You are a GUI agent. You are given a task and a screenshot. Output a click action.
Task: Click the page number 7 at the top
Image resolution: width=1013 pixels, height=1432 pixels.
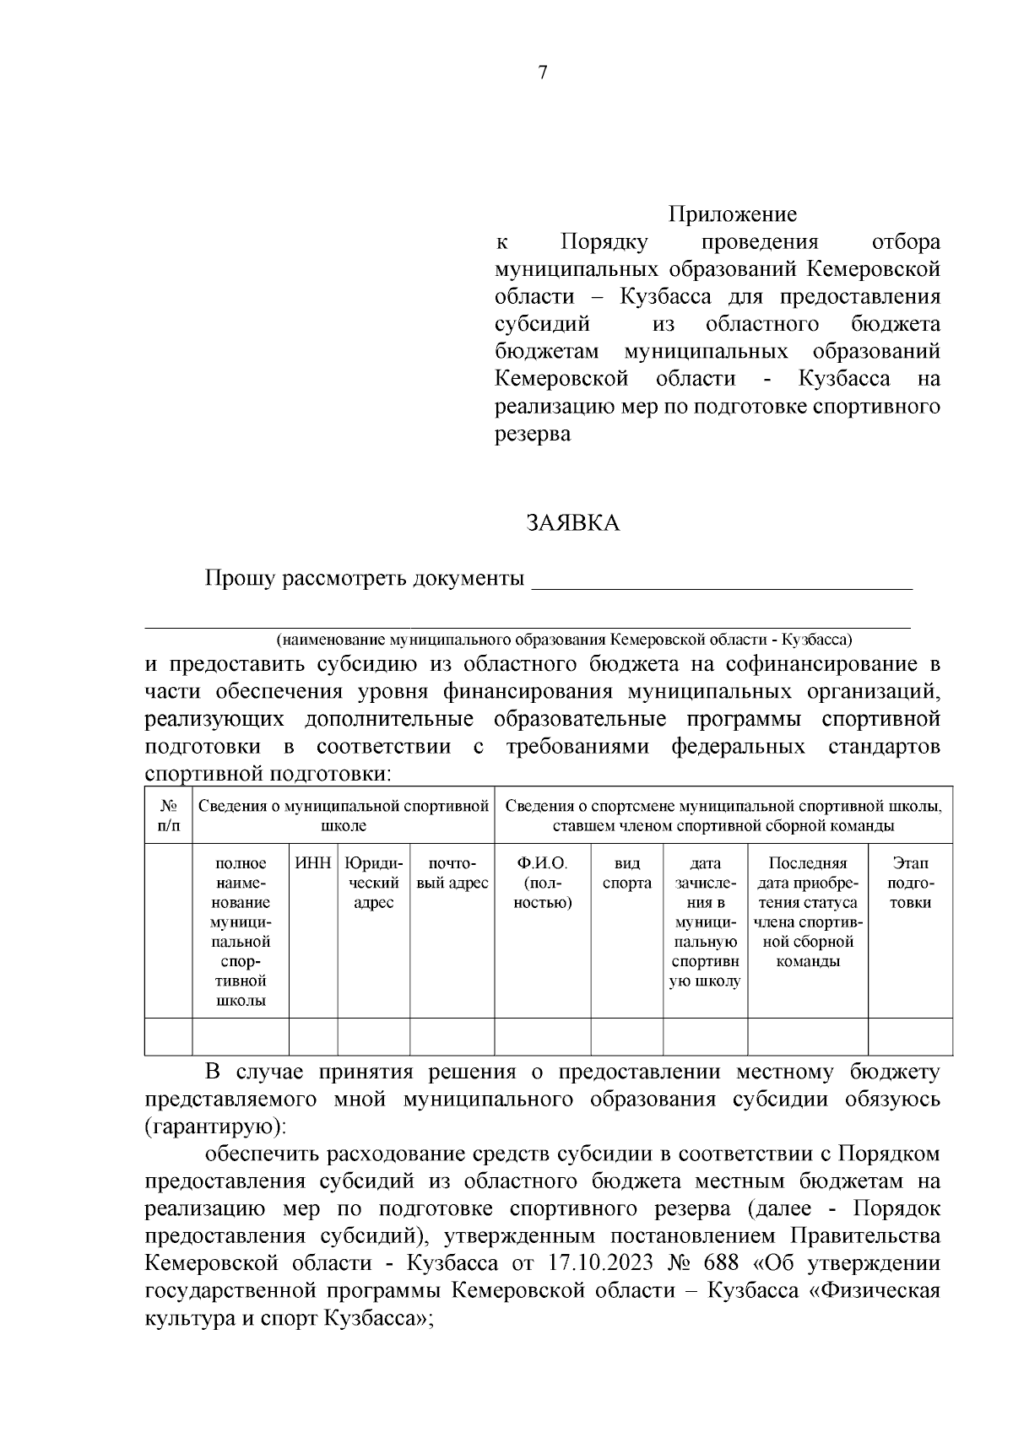coord(543,73)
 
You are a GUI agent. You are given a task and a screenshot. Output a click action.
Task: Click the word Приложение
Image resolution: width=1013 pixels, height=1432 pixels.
coord(733,214)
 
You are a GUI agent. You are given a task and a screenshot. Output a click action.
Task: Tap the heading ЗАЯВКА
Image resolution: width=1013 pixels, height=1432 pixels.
coord(573,524)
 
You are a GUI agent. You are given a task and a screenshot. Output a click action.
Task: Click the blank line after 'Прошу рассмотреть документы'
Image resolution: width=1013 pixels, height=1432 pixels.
coord(722,582)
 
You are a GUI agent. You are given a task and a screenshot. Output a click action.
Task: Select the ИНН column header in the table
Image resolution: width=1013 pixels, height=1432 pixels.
coord(313,863)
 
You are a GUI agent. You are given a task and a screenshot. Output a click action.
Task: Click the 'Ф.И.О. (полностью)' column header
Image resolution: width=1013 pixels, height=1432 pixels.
coord(542,883)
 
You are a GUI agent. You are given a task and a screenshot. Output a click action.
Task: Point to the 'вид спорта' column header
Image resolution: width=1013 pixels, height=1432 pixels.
coord(626,873)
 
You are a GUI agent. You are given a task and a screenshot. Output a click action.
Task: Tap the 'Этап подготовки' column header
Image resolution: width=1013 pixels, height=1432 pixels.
coord(910,883)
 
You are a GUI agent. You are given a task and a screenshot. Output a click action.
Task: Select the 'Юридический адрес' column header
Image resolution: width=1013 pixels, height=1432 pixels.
coord(373,883)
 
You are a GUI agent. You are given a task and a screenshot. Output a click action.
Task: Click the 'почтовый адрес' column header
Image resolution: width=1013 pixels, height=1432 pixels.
coord(452,873)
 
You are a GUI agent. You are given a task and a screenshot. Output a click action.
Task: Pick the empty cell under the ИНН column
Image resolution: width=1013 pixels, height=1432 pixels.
coord(313,1036)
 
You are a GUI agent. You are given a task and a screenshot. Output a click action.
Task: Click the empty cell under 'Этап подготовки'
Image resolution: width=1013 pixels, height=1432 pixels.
coord(910,1036)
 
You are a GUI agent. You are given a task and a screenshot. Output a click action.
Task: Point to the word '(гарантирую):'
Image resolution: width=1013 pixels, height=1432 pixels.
coord(215,1127)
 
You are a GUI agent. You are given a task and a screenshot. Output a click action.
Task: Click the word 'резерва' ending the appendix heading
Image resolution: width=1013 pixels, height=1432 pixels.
coord(532,435)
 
